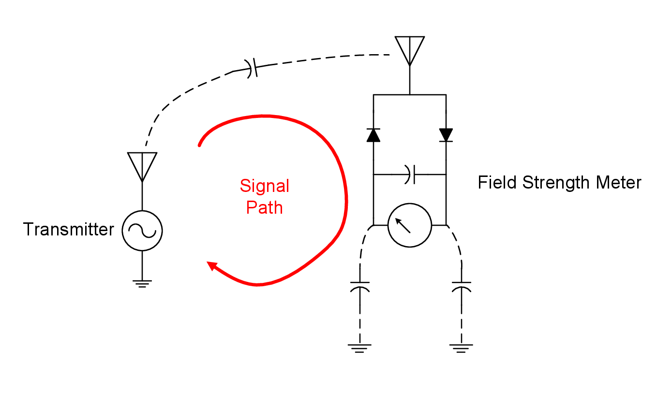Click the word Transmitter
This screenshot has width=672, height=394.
coord(68,230)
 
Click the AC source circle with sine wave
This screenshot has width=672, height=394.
coord(142,231)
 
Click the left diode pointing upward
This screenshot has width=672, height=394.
coord(373,135)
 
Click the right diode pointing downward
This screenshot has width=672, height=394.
coord(446,135)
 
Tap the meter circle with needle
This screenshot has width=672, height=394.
coord(409,225)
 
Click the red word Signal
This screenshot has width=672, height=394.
coord(265,186)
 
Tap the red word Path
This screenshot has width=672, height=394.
coord(264,207)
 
